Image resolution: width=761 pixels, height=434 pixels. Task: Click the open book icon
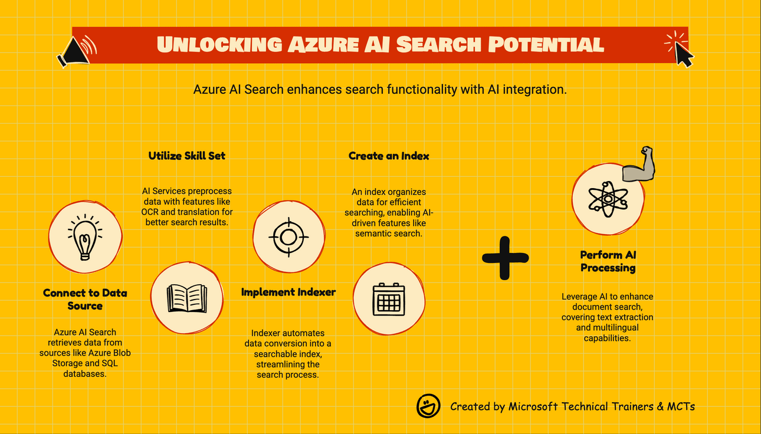[x=186, y=297]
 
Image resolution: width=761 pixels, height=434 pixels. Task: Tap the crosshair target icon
[x=288, y=236]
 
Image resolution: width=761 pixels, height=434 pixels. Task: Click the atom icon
[x=608, y=199]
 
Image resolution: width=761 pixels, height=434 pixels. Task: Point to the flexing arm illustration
[x=641, y=165]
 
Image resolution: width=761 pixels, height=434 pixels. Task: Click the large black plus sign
[x=505, y=258]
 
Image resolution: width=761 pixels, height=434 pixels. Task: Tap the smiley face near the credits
[x=428, y=406]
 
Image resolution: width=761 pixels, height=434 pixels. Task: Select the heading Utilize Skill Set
[x=186, y=156]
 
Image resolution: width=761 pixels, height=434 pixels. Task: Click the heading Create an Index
[x=389, y=156]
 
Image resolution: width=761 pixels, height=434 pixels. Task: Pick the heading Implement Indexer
[x=288, y=292]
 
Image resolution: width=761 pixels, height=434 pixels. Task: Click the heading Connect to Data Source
[x=85, y=299]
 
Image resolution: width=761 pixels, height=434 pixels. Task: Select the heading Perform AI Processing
[x=608, y=261]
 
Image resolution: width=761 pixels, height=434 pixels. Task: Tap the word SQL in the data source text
[x=109, y=363]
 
